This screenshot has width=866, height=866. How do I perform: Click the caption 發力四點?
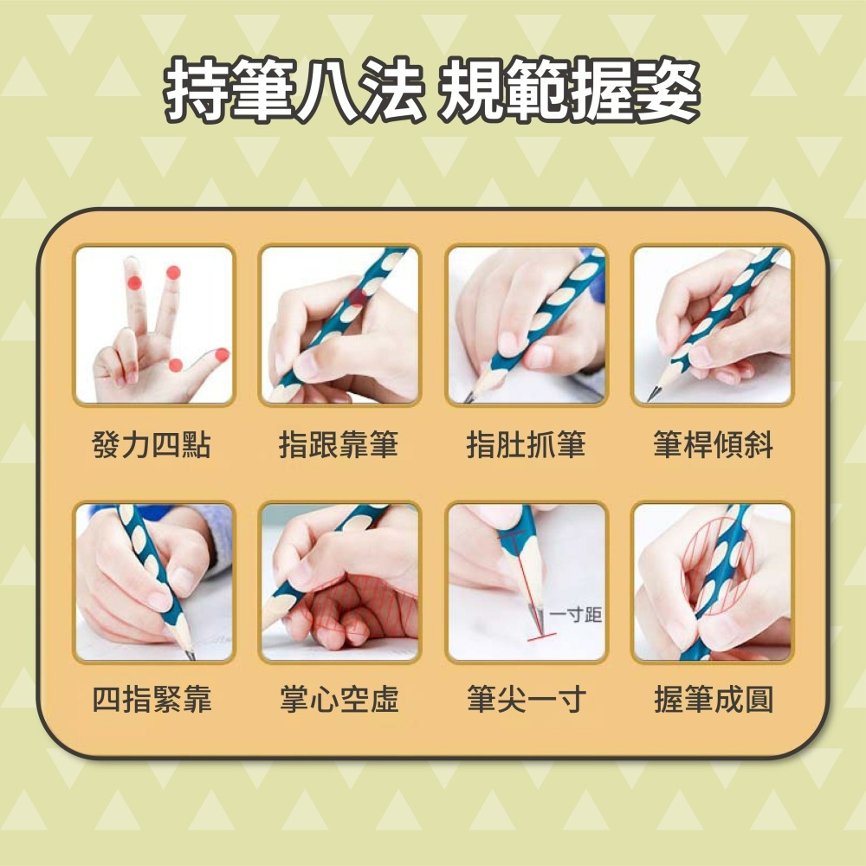click(x=152, y=446)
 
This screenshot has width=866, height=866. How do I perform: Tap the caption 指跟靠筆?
click(x=339, y=446)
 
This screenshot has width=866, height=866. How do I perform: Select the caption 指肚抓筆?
click(x=526, y=446)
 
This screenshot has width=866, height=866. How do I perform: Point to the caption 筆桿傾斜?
click(x=713, y=446)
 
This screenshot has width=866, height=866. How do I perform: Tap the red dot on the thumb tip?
click(x=222, y=354)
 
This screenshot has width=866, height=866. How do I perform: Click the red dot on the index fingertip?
click(x=173, y=272)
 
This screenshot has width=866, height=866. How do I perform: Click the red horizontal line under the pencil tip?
click(x=540, y=637)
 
